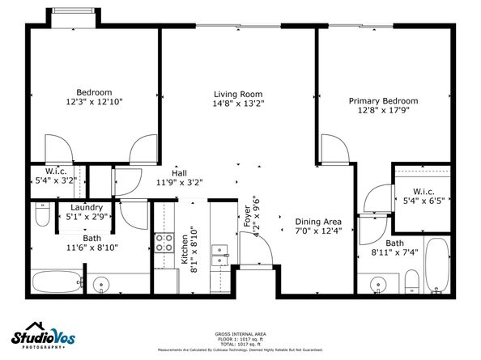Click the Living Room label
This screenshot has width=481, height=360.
point(239,94)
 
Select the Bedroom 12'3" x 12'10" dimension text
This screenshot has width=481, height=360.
point(94,103)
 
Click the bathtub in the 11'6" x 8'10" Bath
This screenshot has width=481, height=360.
point(57,282)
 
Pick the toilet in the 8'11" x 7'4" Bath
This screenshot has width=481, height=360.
point(411,282)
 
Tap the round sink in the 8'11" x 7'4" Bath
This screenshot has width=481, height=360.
point(379,284)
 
